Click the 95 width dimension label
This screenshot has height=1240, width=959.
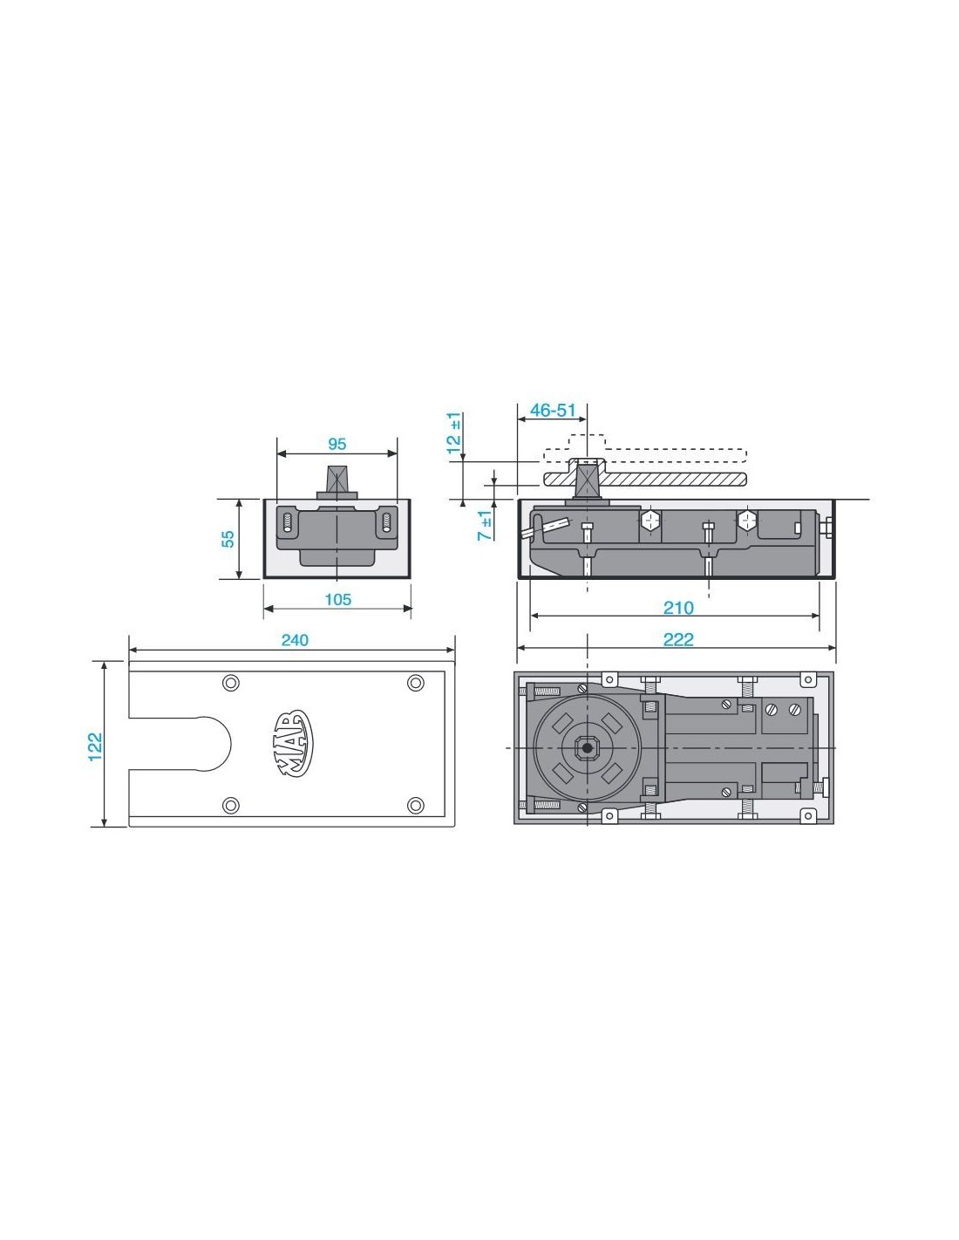click(x=337, y=443)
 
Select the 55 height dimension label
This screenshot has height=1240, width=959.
click(x=228, y=539)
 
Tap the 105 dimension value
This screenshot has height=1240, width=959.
click(x=337, y=599)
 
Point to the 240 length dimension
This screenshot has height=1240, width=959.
click(x=295, y=640)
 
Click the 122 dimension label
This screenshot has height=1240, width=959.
click(x=95, y=746)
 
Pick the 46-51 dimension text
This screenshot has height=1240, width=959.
click(x=552, y=410)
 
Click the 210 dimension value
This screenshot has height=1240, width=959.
click(x=677, y=608)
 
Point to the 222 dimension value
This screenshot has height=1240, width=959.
click(x=677, y=639)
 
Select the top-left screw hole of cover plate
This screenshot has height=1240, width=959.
click(x=230, y=683)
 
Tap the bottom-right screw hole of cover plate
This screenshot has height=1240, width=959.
click(x=415, y=805)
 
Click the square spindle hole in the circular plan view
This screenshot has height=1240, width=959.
click(x=586, y=747)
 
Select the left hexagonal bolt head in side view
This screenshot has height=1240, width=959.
click(x=650, y=521)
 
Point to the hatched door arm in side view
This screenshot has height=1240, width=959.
click(x=644, y=479)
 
